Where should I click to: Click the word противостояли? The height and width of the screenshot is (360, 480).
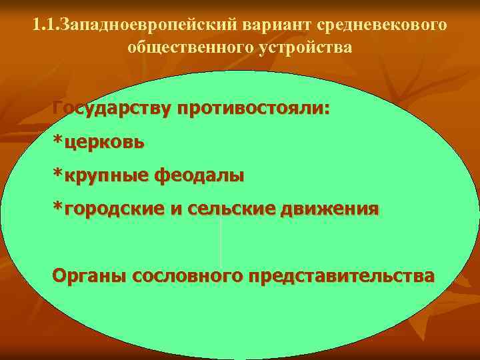point(252,108)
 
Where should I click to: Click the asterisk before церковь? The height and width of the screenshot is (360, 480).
point(58,141)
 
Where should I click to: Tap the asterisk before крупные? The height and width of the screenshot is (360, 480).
point(58,175)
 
